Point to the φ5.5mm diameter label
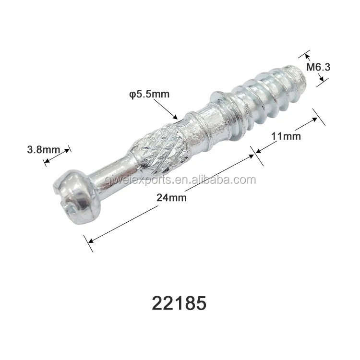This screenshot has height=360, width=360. tap(149, 94)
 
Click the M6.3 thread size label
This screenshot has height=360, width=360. tap(318, 68)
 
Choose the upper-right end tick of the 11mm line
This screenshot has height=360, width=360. tap(319, 117)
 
